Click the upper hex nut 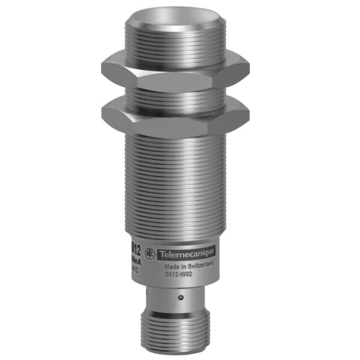175,67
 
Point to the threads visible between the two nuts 174,91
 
